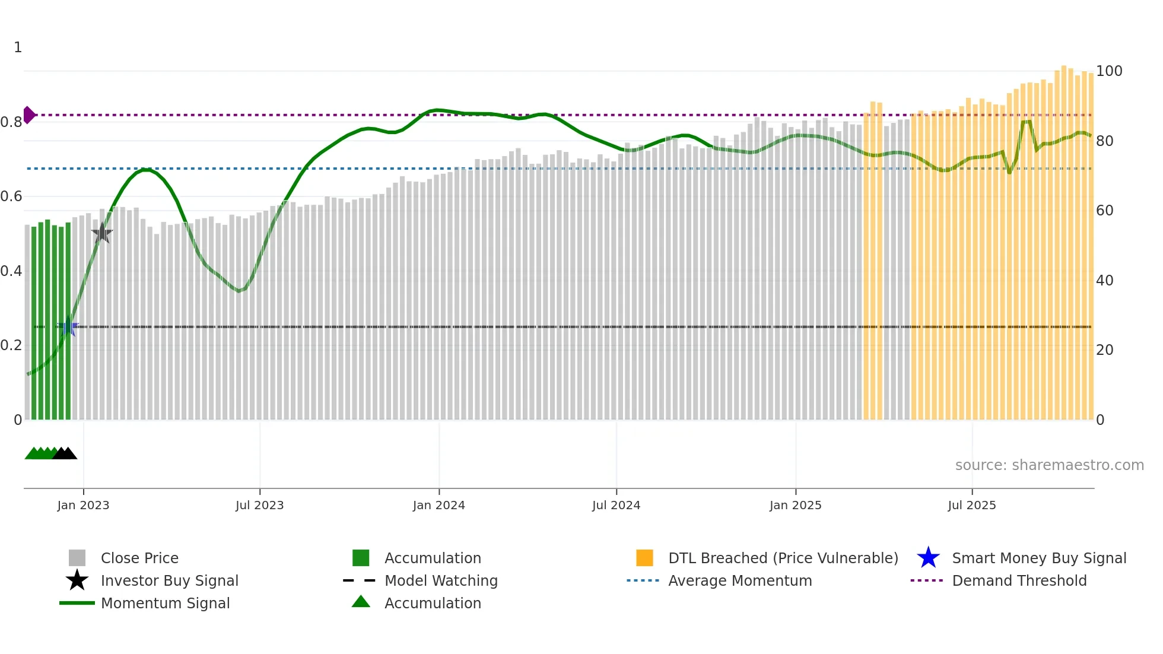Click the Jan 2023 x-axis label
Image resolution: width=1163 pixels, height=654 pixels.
point(83,505)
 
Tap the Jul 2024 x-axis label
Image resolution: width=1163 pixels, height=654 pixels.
point(616,505)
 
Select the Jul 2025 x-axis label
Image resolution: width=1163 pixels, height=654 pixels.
point(971,505)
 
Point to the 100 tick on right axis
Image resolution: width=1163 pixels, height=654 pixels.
point(1109,71)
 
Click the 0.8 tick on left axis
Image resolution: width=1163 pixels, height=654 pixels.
point(11,122)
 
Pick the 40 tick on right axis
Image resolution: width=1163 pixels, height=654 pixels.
point(1104,280)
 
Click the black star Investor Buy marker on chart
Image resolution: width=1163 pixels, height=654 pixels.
point(102,233)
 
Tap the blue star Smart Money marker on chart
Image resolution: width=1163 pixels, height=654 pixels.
point(68,327)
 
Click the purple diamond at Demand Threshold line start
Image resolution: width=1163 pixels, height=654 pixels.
point(28,115)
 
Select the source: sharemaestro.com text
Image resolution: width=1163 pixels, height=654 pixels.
point(1049,465)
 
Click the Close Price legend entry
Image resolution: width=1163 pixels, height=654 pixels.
point(139,558)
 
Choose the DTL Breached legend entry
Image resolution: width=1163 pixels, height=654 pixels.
point(783,558)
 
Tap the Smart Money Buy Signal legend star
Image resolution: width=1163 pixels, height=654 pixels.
point(928,558)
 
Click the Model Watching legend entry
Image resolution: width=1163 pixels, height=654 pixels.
point(440,580)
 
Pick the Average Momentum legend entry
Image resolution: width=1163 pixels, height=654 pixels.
point(739,580)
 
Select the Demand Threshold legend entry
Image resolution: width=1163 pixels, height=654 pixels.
point(1019,580)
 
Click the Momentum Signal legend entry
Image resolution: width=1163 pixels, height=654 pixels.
point(165,603)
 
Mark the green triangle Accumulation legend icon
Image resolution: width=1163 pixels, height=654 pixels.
point(361,602)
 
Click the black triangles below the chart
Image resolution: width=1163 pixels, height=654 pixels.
point(65,453)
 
